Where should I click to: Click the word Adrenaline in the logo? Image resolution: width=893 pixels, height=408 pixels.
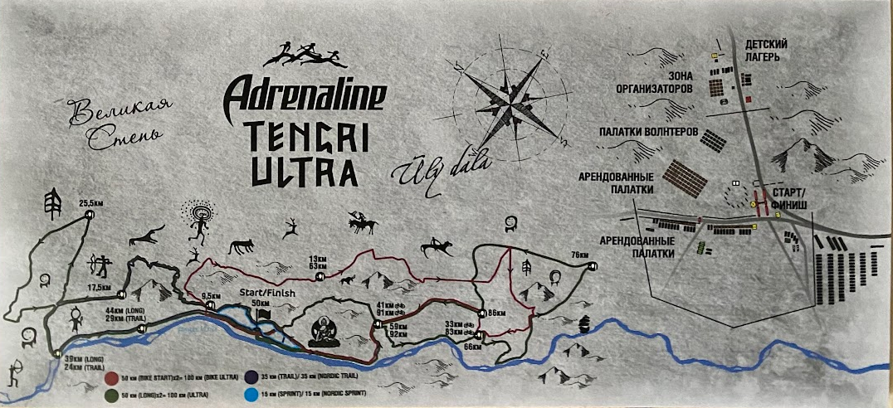(305, 95)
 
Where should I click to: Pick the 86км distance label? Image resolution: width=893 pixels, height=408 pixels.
(497, 313)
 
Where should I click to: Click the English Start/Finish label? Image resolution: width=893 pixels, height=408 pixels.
(266, 292)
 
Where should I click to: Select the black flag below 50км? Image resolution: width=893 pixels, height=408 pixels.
(264, 314)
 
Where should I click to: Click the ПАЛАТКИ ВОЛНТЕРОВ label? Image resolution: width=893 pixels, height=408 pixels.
(647, 132)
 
